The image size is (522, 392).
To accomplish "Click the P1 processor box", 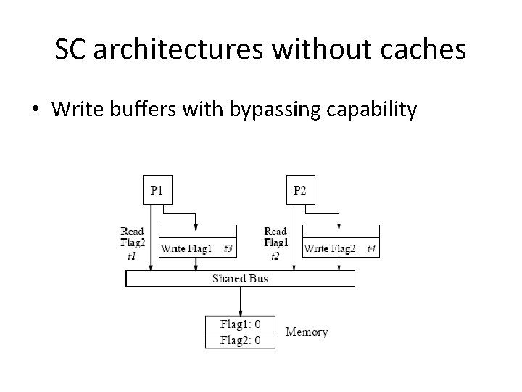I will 157,190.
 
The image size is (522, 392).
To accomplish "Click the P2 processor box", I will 300,190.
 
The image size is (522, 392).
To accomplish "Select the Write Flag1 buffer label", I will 186,248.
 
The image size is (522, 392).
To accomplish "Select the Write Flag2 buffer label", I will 330,248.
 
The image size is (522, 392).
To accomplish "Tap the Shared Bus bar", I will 240,279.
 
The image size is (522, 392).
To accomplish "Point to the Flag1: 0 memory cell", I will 240,324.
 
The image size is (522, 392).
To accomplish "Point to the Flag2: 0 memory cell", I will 240,340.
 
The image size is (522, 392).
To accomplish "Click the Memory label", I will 306,332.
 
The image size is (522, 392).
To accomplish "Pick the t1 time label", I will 131,256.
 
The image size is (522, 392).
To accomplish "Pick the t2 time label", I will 275,256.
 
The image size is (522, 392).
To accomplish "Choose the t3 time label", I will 228,248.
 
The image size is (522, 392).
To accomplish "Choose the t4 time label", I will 371,248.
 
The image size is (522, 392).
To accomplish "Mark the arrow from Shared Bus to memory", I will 240,301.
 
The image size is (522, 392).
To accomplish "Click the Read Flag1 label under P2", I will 275,237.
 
